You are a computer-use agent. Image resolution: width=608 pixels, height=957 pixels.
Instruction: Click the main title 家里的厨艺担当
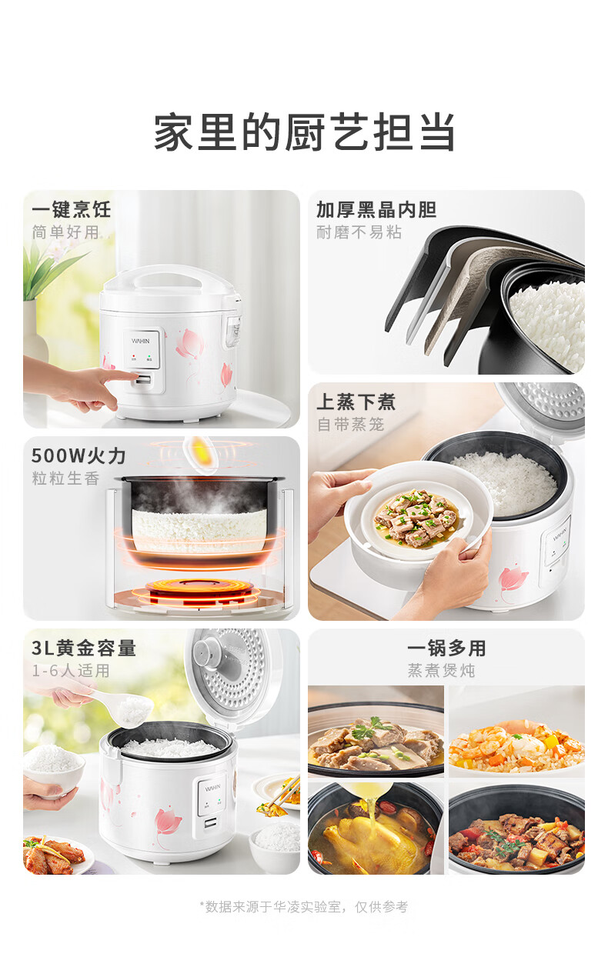(x=304, y=132)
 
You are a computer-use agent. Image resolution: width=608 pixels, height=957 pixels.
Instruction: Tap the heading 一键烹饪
(x=72, y=209)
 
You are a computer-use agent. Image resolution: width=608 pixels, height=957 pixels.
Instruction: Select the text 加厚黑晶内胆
(x=376, y=209)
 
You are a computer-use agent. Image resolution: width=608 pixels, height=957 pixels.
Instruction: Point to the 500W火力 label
(x=79, y=456)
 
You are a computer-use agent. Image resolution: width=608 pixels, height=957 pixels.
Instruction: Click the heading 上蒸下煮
(x=356, y=402)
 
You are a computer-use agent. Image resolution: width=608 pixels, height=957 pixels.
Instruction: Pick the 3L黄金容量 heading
(x=84, y=648)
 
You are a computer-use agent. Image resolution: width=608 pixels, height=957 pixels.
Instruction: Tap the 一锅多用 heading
(x=446, y=648)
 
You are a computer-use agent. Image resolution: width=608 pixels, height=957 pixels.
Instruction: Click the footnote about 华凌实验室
(x=304, y=906)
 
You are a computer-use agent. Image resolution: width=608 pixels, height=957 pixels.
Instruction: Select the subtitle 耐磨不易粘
(x=359, y=232)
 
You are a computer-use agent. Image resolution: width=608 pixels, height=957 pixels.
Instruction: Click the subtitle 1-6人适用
(x=71, y=670)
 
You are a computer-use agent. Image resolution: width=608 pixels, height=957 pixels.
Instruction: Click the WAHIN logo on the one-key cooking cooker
(x=141, y=341)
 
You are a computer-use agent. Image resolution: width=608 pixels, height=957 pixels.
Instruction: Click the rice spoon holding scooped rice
(x=122, y=707)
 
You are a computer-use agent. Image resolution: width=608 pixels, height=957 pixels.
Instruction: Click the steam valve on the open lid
(x=206, y=652)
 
